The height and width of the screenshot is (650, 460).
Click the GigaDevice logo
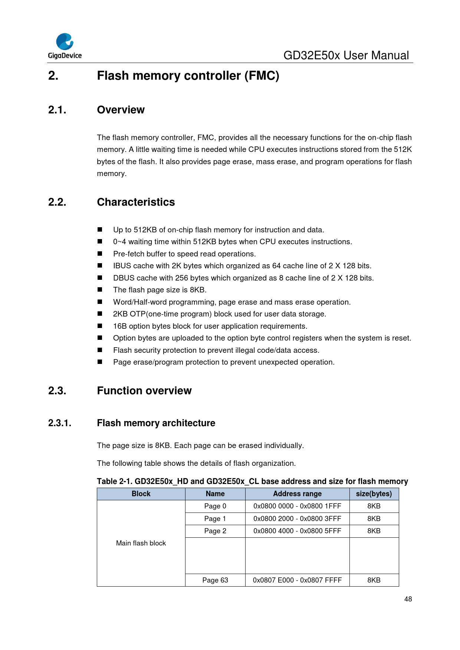click(65, 46)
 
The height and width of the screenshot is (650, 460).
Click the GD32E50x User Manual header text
click(346, 56)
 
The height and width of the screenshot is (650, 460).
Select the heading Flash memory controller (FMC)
click(188, 76)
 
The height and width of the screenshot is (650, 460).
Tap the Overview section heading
click(121, 110)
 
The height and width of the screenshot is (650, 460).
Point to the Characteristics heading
click(136, 202)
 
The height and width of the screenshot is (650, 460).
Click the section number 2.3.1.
click(60, 423)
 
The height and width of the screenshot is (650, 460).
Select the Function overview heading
click(144, 391)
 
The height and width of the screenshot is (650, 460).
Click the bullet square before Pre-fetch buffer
click(100, 254)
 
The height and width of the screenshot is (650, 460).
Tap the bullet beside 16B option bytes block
click(100, 326)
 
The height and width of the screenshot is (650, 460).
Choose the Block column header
click(141, 494)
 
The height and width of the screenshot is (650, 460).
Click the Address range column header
click(297, 494)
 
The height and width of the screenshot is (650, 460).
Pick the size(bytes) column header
click(374, 494)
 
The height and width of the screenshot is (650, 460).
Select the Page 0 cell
click(215, 506)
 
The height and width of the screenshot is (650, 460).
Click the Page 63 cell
click(215, 580)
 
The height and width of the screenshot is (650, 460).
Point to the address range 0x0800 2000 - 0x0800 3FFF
click(297, 519)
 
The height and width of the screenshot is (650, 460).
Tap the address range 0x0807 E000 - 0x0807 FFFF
click(297, 580)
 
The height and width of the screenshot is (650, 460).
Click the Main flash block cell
click(141, 543)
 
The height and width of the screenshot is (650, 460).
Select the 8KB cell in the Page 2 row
click(374, 531)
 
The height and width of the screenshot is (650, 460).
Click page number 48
click(408, 599)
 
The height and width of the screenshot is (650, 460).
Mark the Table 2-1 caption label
click(252, 481)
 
